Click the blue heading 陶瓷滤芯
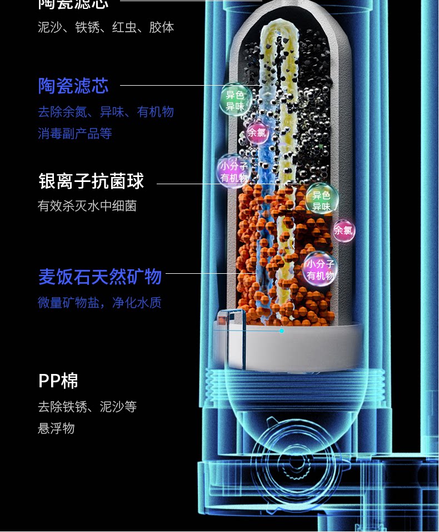[73, 86]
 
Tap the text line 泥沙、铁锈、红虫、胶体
[106, 27]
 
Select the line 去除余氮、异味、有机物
[106, 112]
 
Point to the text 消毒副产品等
[75, 134]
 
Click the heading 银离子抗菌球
[91, 181]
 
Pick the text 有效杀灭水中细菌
[87, 206]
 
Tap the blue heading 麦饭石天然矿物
[100, 277]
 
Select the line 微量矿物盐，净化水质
[99, 303]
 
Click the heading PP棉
[58, 381]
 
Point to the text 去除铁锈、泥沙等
[87, 407]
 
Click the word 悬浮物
[56, 428]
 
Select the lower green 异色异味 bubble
[321, 200]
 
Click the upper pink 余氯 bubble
[257, 132]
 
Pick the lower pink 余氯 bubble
[343, 230]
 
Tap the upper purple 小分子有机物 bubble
[233, 171]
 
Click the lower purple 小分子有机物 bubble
[320, 269]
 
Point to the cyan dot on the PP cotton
[282, 331]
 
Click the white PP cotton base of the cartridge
[311, 348]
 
